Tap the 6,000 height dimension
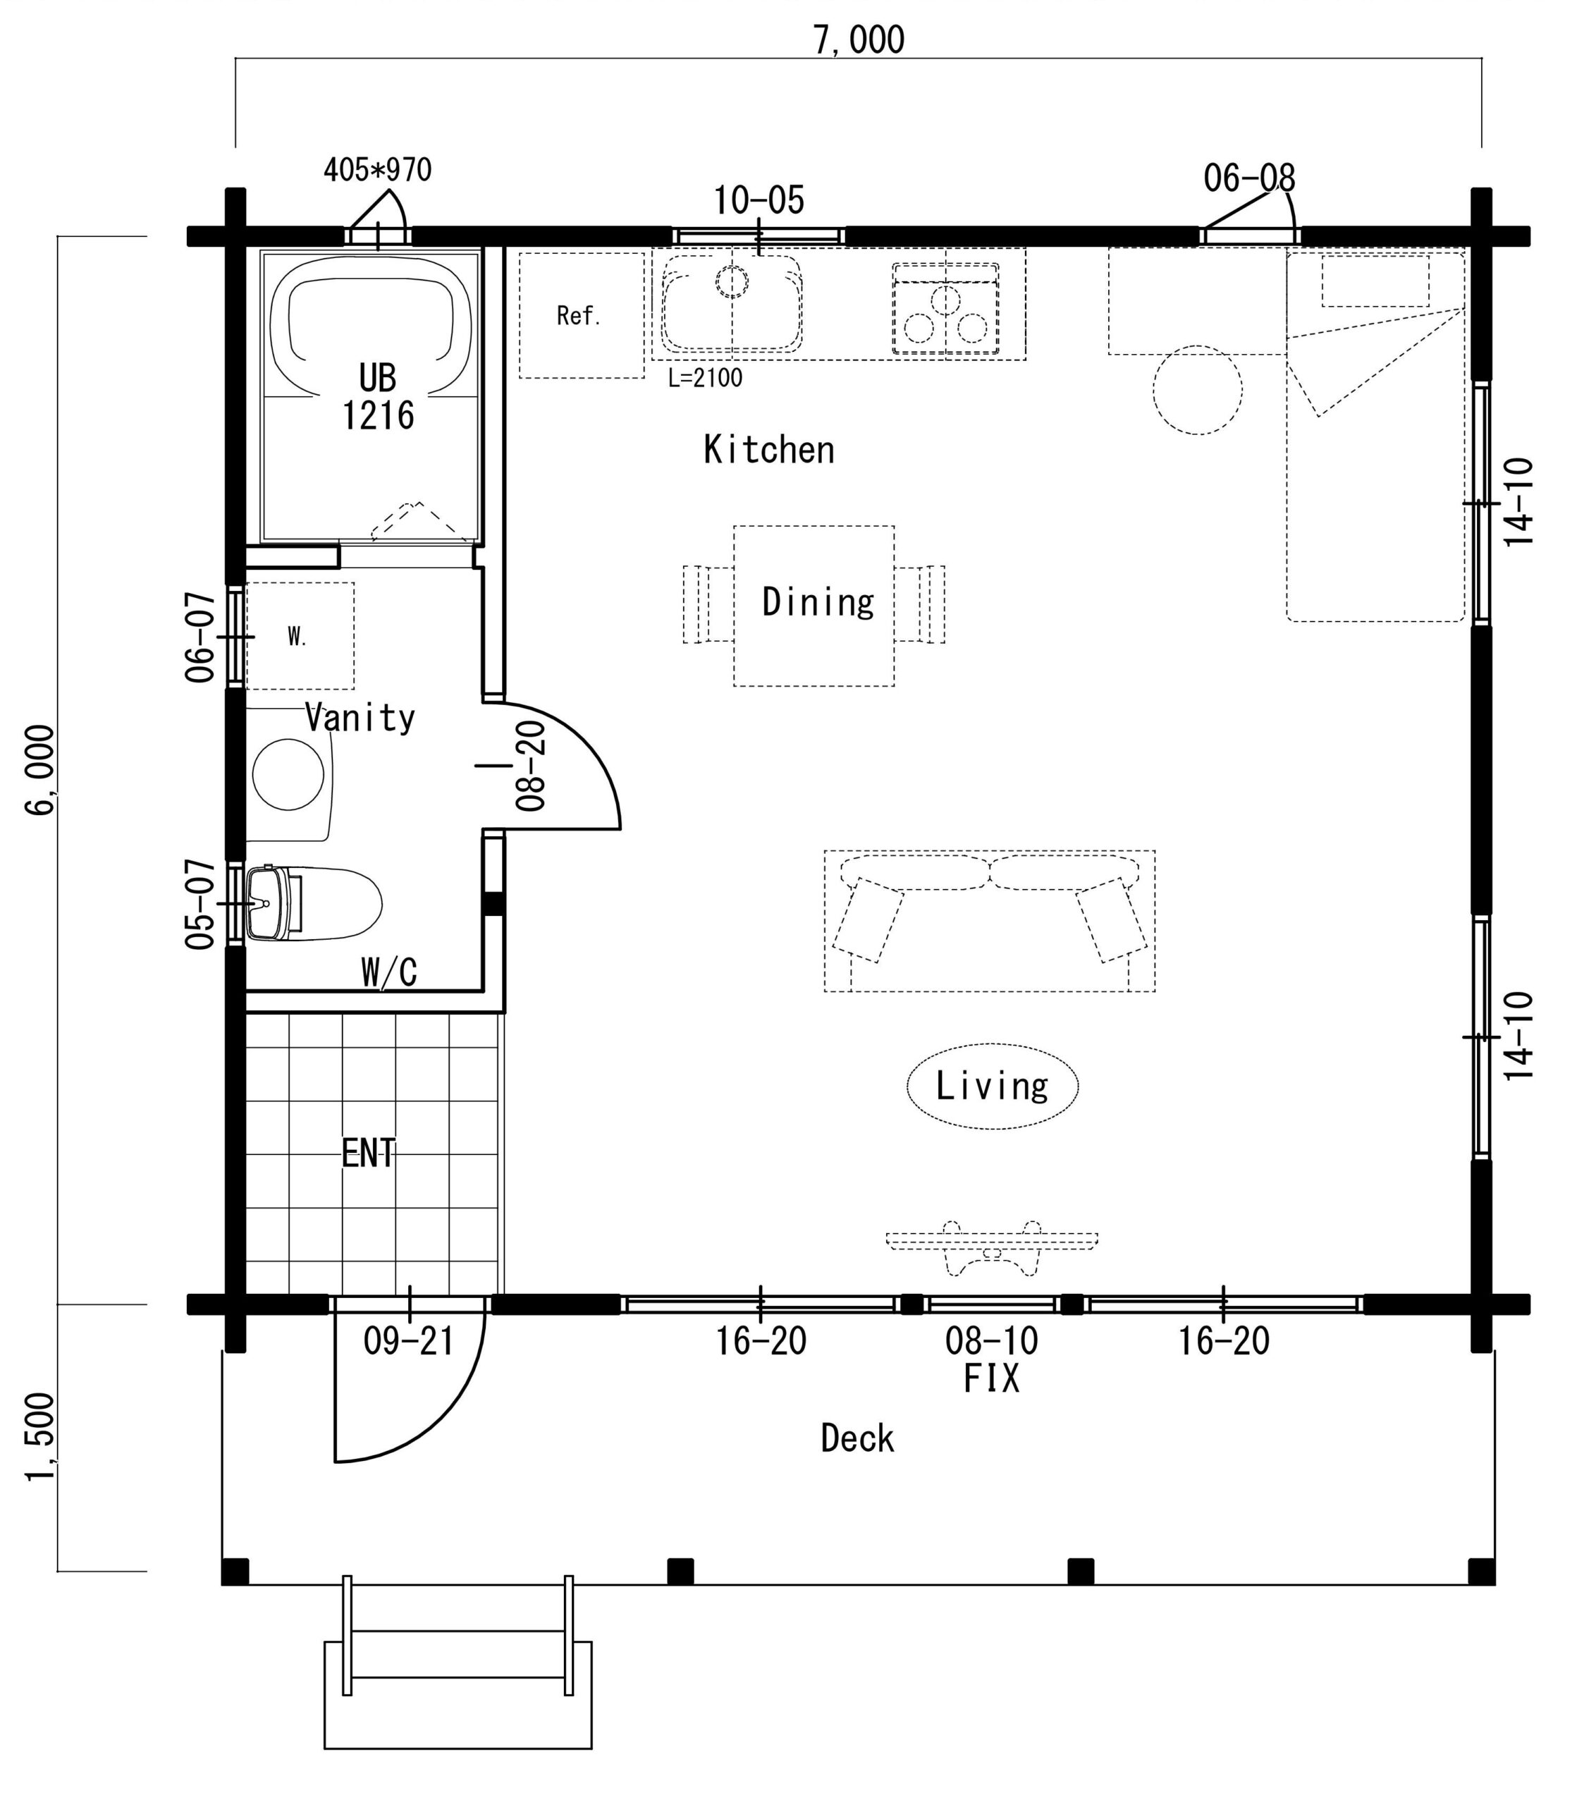point(42,769)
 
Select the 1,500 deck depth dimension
point(42,1436)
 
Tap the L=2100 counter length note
point(705,378)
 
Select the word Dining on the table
point(818,602)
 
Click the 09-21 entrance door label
point(408,1341)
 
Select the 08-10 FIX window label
point(992,1360)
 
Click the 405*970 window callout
point(377,169)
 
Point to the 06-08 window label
point(1249,178)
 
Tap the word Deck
point(857,1438)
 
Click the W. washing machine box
point(300,636)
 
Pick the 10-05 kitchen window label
point(759,200)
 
